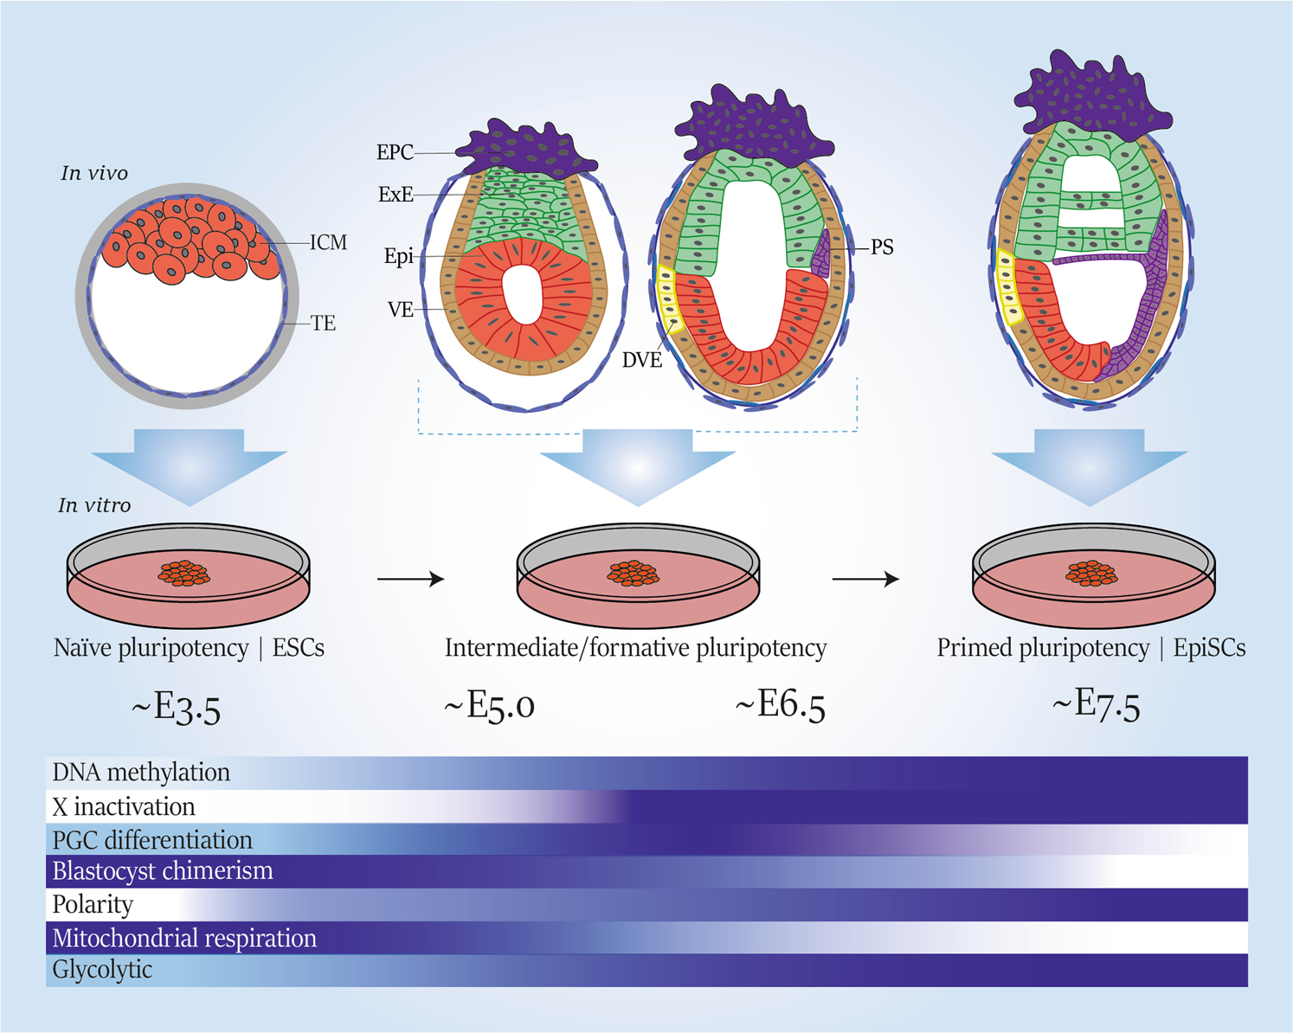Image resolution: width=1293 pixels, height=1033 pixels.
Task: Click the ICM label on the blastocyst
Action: (328, 243)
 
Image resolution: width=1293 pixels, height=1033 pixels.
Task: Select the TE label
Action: (323, 324)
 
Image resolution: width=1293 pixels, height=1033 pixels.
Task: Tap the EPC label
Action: (395, 153)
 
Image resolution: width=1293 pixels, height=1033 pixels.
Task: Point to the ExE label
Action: (396, 196)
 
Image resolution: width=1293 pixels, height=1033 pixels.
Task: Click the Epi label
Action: (399, 257)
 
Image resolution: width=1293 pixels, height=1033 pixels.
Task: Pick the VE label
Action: (401, 310)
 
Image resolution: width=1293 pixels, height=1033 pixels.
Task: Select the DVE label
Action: (642, 360)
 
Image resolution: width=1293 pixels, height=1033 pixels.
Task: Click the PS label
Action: (882, 247)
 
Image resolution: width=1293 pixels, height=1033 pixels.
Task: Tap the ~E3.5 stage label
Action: (177, 709)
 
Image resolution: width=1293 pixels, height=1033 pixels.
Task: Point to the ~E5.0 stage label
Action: (489, 706)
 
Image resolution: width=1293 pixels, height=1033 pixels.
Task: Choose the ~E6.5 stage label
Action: (780, 706)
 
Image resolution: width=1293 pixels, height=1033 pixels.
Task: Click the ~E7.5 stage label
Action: (1096, 706)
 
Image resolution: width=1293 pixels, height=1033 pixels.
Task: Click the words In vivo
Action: (94, 174)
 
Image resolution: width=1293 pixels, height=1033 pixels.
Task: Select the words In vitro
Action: (94, 506)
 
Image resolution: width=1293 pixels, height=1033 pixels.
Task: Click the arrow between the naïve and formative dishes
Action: (411, 579)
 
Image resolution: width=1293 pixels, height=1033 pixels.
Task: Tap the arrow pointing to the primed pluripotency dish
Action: (865, 579)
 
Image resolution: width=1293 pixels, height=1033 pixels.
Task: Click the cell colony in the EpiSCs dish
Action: (1091, 573)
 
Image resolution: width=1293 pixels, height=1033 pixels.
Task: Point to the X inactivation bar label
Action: (124, 807)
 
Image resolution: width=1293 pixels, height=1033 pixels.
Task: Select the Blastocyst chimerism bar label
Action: (163, 871)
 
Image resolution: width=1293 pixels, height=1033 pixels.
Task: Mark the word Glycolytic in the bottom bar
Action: (102, 970)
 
